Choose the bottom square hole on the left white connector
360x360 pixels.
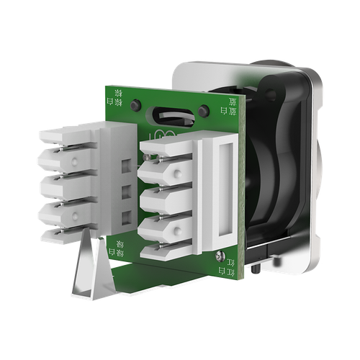tap(127, 217)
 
